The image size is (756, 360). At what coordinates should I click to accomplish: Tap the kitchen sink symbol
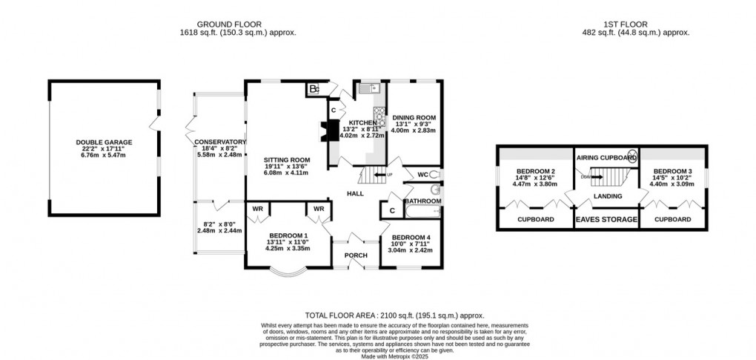[x=368, y=89]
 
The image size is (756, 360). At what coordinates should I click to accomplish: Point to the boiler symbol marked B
[x=314, y=90]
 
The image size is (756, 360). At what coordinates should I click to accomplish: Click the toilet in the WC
[x=434, y=176]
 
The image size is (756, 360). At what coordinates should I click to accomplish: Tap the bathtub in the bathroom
[x=422, y=213]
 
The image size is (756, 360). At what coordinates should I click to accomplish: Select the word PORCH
[x=356, y=256]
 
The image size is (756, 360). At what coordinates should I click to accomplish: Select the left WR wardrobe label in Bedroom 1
[x=259, y=209]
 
